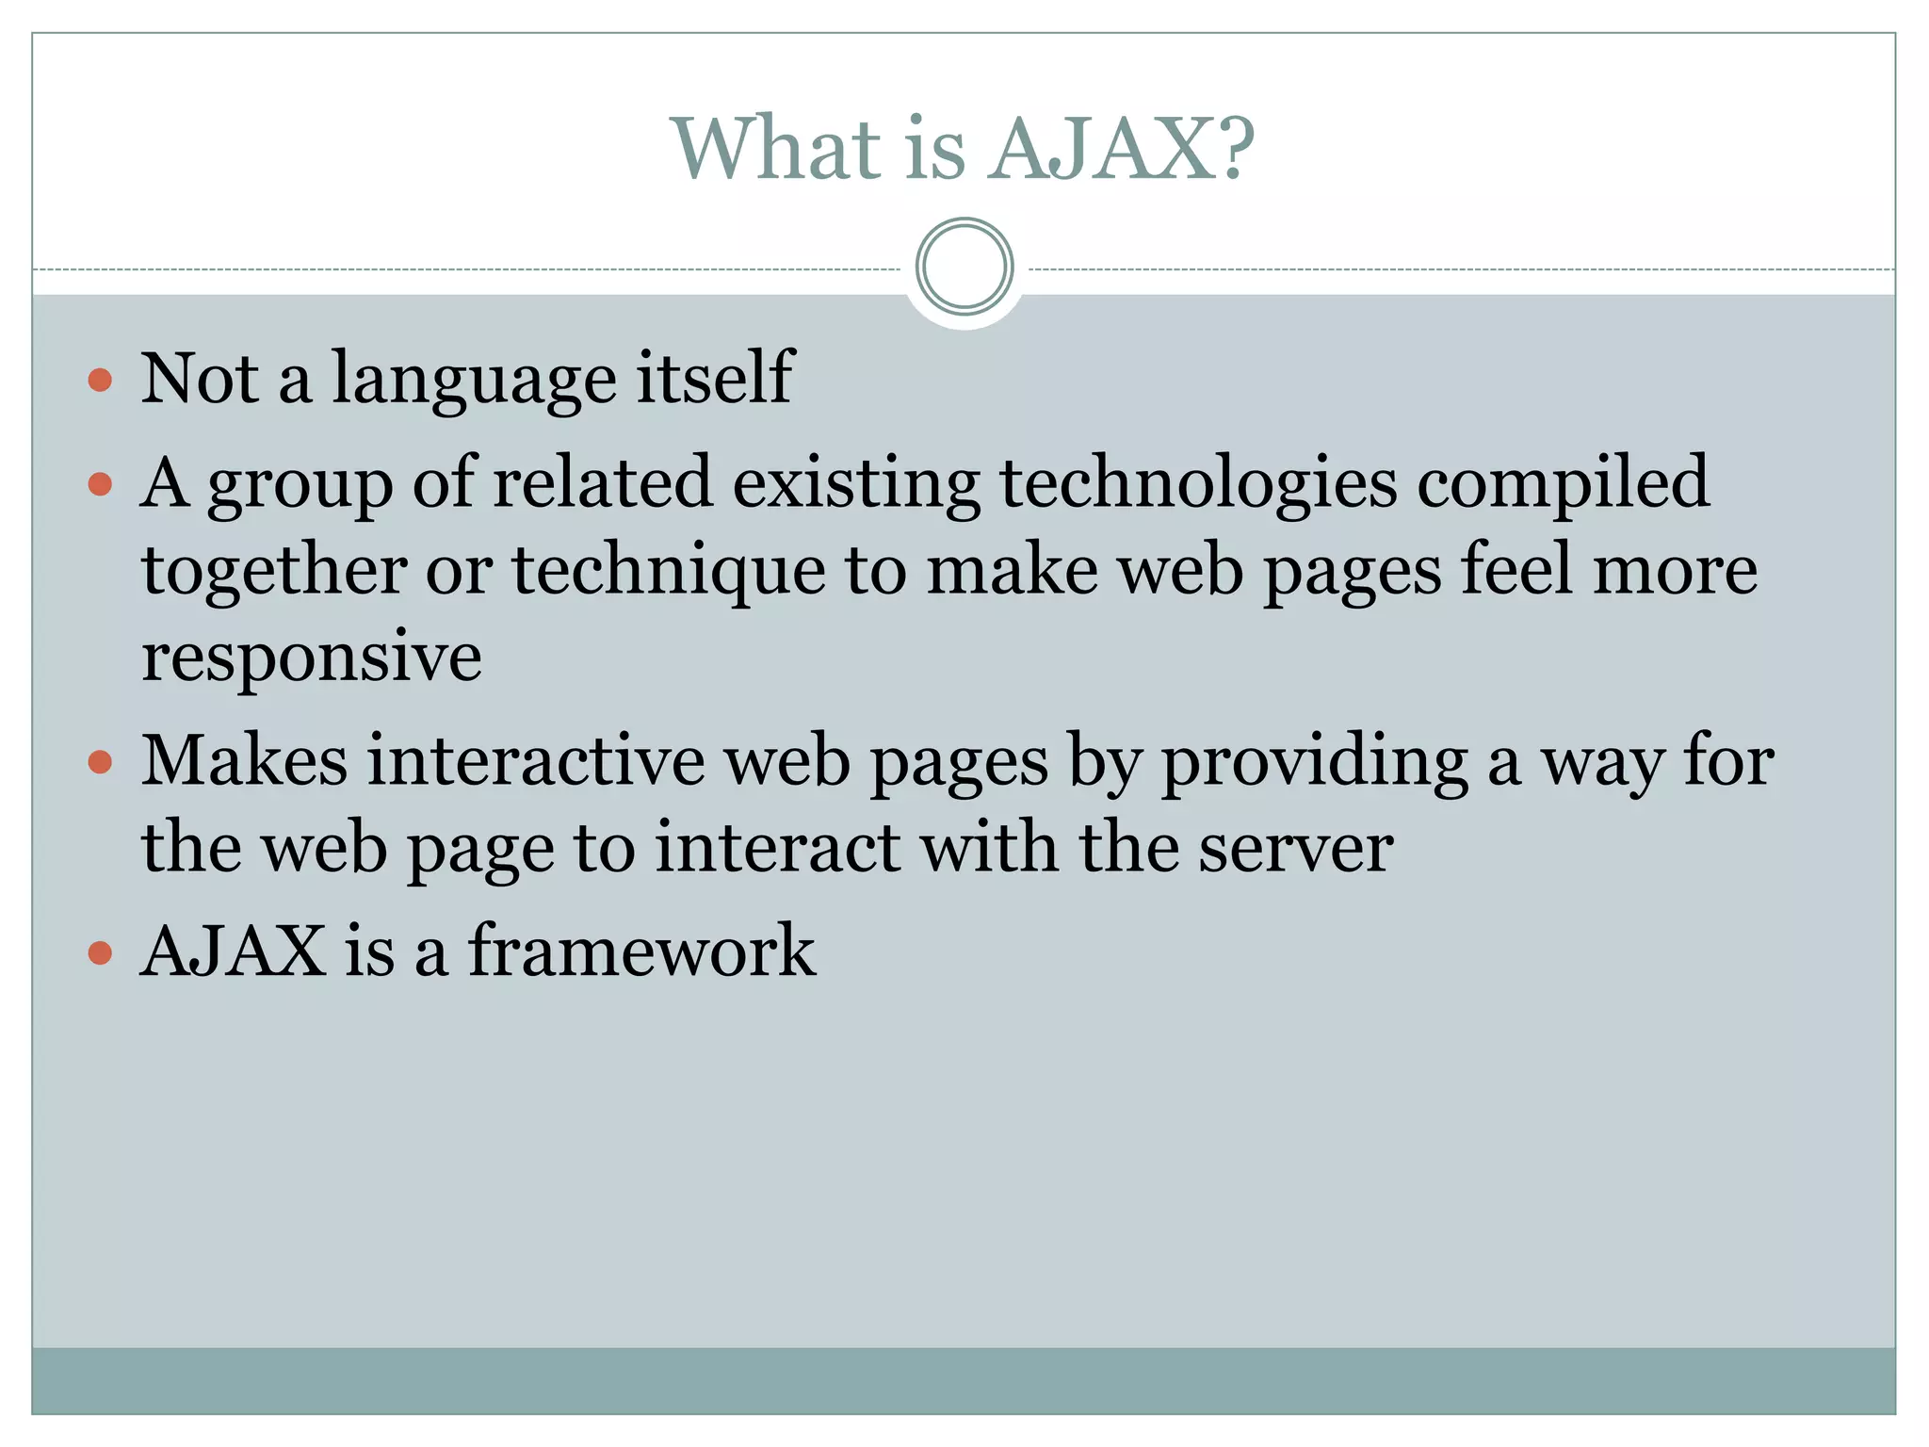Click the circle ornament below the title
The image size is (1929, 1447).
click(964, 267)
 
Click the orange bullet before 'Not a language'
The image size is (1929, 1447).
click(100, 381)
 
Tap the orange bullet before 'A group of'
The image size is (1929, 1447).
click(100, 485)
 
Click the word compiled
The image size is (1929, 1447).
click(1564, 482)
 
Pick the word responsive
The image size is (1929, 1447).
click(312, 658)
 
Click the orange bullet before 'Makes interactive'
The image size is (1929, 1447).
click(100, 761)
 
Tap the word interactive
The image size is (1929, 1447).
click(536, 761)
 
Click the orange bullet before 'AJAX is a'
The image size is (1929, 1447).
click(100, 953)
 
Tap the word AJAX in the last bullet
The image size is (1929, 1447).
click(233, 951)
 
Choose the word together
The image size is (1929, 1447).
click(274, 572)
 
